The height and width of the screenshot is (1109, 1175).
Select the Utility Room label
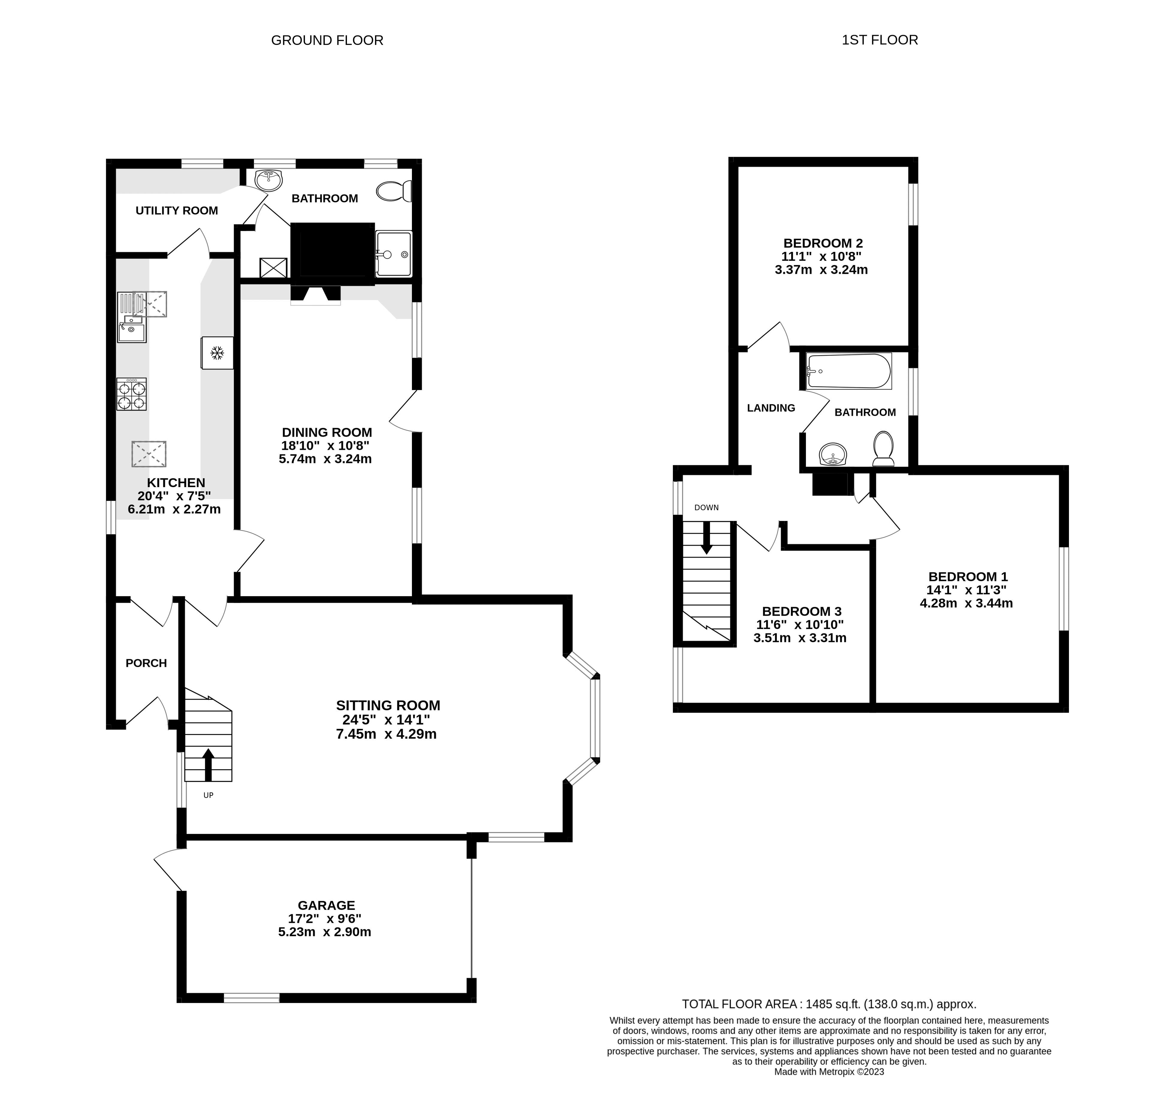pos(177,211)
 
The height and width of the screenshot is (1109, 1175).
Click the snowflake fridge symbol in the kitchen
pos(217,353)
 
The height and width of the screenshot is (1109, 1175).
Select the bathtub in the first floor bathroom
pos(849,371)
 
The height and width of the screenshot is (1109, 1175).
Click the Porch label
pos(146,663)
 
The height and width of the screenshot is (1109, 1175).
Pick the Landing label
pos(771,408)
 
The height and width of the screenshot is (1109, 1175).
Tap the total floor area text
pos(829,1004)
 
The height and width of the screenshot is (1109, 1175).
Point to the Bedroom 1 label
pos(968,576)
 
